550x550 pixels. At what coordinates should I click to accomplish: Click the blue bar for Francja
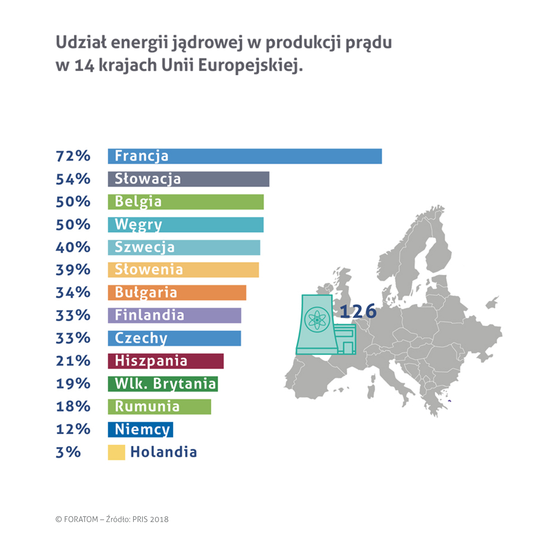pyautogui.click(x=245, y=156)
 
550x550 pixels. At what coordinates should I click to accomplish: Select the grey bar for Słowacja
pyautogui.click(x=188, y=179)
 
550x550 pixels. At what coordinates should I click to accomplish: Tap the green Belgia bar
pyautogui.click(x=186, y=202)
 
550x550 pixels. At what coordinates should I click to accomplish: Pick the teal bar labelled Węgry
pyautogui.click(x=186, y=225)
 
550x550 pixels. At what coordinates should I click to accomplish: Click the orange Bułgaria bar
pyautogui.click(x=177, y=293)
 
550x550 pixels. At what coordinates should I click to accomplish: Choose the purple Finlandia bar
pyautogui.click(x=174, y=315)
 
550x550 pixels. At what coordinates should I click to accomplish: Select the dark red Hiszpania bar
pyautogui.click(x=165, y=361)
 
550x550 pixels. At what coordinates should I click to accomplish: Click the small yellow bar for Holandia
pyautogui.click(x=116, y=452)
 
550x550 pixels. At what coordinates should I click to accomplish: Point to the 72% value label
pyautogui.click(x=73, y=156)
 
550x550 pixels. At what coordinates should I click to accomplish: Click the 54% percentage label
pyautogui.click(x=73, y=179)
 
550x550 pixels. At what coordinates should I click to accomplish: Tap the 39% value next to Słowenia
pyautogui.click(x=73, y=270)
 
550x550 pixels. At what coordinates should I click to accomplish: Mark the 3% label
pyautogui.click(x=68, y=452)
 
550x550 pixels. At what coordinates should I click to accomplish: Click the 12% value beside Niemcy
pyautogui.click(x=73, y=429)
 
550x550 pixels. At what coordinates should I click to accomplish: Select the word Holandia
pyautogui.click(x=164, y=452)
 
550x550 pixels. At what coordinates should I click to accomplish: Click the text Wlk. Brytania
pyautogui.click(x=165, y=384)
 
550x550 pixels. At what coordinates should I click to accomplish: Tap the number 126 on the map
pyautogui.click(x=358, y=311)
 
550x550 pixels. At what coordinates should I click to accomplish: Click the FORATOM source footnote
pyautogui.click(x=112, y=519)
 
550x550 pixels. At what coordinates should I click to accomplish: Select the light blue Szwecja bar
pyautogui.click(x=184, y=247)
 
